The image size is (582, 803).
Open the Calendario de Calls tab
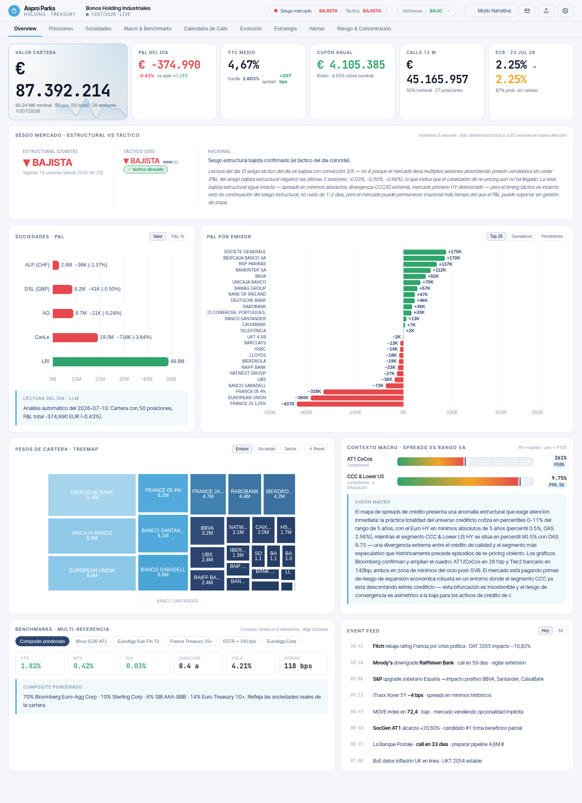coord(206,29)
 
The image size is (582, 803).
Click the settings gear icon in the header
coord(565,11)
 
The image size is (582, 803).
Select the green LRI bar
coord(111,361)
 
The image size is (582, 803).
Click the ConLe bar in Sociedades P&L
coord(75,337)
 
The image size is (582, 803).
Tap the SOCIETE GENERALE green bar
coord(424,252)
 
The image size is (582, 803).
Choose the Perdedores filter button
coord(552,237)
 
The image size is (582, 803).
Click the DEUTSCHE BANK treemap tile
coord(92,495)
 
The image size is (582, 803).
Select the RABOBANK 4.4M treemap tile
coord(245,494)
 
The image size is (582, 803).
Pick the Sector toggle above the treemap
coord(291,449)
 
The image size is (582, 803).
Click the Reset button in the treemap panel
coord(317,449)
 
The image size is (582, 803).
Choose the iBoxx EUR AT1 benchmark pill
coord(91,641)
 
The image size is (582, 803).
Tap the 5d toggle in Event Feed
coord(560,631)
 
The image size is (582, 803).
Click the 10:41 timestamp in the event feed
coord(357,646)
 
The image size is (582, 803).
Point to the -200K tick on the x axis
coord(355,413)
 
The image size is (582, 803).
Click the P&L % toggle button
coord(178,237)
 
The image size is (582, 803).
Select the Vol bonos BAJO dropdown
coord(427,11)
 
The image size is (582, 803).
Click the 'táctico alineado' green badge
coord(145,170)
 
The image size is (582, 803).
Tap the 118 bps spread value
coord(298,666)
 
